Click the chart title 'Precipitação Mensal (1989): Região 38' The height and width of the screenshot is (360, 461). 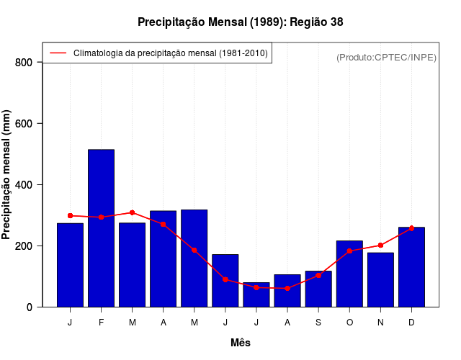[240, 22]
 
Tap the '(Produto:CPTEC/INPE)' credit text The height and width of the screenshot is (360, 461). [386, 57]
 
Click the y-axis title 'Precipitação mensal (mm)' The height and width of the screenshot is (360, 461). [7, 175]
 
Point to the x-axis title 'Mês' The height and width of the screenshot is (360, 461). [241, 343]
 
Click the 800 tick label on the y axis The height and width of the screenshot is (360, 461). [24, 63]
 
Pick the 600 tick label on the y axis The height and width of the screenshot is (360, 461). [24, 124]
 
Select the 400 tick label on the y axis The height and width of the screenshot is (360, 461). [24, 185]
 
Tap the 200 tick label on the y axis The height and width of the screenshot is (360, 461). [24, 246]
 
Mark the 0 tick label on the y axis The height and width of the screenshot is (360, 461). [30, 307]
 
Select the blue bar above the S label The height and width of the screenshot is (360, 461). [318, 289]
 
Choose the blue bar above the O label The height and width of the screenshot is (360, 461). [349, 274]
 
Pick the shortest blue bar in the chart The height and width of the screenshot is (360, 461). [256, 295]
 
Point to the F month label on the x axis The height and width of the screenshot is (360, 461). [101, 323]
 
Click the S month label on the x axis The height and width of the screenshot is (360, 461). [318, 323]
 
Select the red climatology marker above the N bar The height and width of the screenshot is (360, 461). [380, 246]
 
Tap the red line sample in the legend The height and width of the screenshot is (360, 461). [58, 53]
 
